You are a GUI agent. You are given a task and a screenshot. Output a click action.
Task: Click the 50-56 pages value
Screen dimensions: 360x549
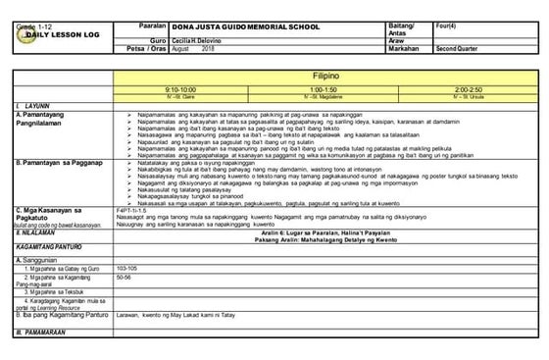coord(125,278)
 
